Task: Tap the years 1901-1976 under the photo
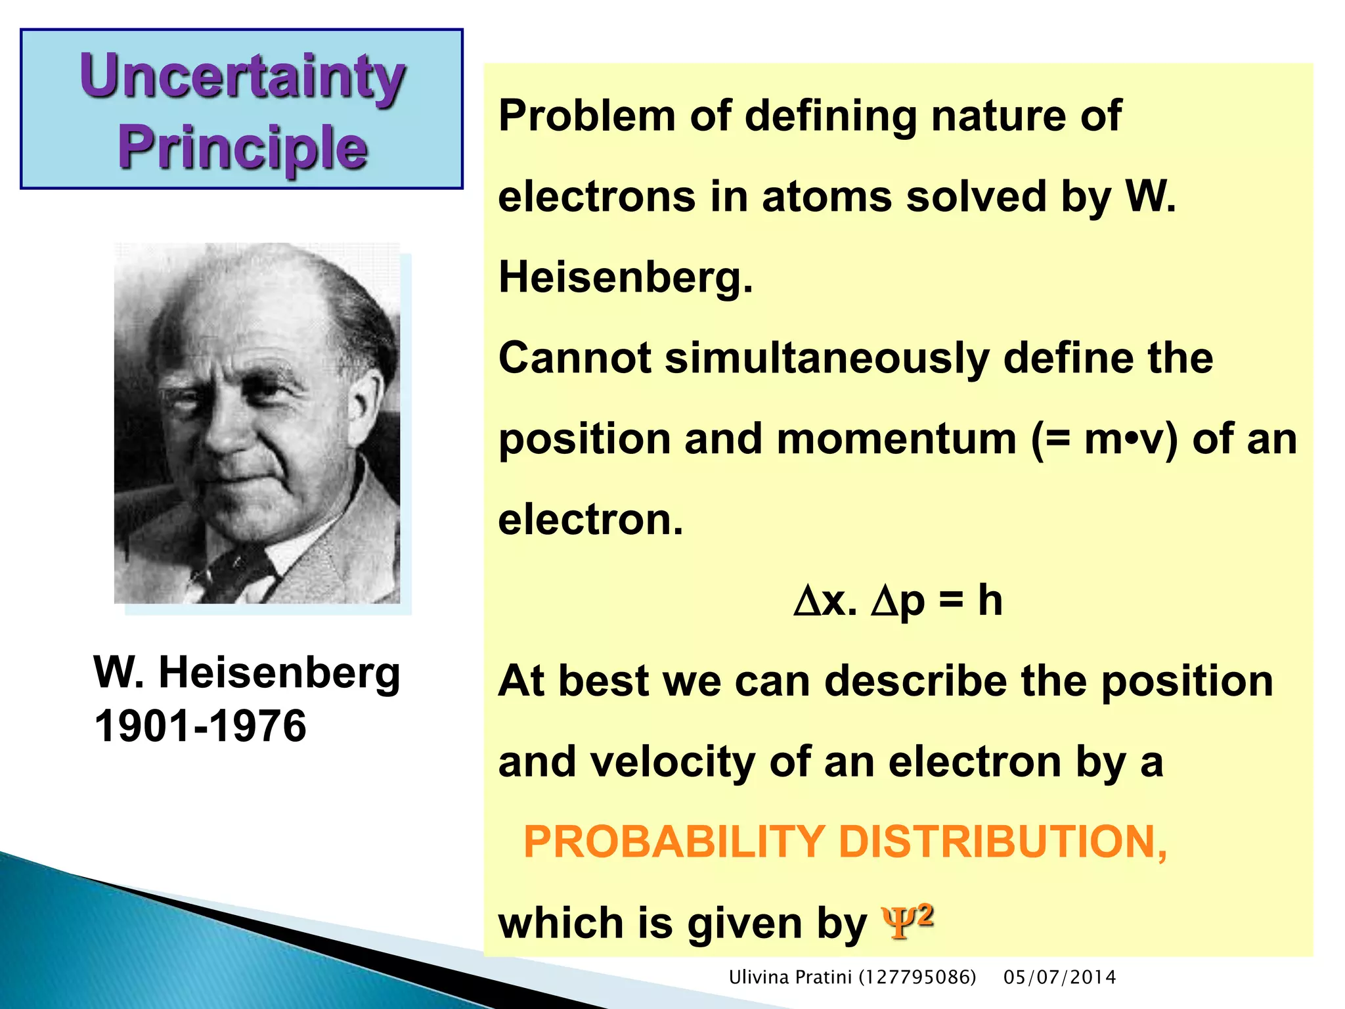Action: [200, 727]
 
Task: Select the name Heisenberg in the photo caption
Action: [279, 673]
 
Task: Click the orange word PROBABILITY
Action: [673, 842]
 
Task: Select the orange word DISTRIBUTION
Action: [1002, 842]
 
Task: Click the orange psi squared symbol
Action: [906, 921]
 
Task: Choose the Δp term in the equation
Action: [898, 602]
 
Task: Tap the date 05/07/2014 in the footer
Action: [1059, 977]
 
